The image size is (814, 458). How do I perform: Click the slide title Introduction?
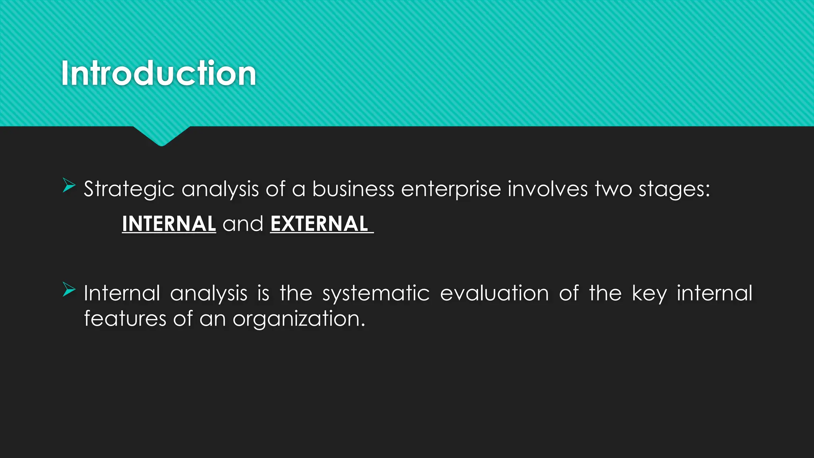[159, 74]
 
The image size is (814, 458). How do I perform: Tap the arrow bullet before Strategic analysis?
[69, 186]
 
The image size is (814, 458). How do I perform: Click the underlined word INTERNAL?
[169, 224]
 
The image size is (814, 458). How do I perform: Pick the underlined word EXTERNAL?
[319, 224]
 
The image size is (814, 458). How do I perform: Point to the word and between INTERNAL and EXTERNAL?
[243, 224]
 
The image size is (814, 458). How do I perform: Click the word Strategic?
[129, 189]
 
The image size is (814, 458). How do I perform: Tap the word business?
[353, 189]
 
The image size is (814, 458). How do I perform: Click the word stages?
[674, 189]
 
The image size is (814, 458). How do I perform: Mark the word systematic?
[376, 294]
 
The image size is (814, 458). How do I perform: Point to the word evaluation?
[494, 293]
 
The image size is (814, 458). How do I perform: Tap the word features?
[125, 318]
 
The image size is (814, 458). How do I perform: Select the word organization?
[298, 319]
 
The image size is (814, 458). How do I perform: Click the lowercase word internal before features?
[714, 293]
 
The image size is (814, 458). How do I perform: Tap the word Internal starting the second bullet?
[122, 293]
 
